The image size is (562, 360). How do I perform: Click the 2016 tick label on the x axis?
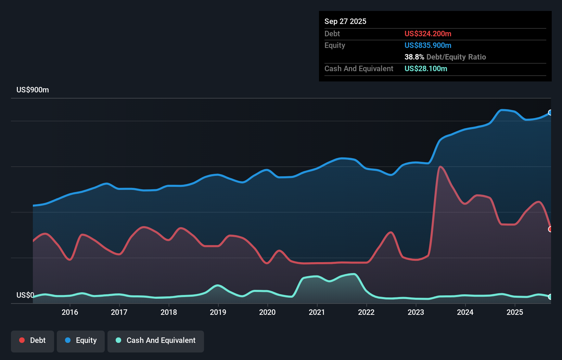pos(70,312)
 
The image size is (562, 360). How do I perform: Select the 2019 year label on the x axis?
pos(218,312)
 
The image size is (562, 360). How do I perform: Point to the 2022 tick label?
pos(366,312)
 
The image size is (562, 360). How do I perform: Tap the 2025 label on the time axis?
pos(515,312)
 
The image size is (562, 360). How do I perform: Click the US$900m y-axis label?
pos(33,90)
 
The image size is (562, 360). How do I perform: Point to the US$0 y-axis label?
pos(25,295)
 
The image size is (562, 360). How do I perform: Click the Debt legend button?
pos(33,340)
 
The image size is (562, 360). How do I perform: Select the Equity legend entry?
pos(81,340)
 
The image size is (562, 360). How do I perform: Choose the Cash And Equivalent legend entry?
pos(156,340)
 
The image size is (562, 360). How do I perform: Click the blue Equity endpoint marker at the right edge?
pos(550,113)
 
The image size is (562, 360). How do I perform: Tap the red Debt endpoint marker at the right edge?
pos(550,229)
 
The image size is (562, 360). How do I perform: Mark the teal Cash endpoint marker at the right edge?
pos(550,297)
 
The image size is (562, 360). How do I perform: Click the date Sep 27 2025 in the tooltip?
pos(345,21)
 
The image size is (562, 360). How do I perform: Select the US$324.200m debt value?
pos(428,34)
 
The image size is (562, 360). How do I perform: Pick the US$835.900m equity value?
pos(428,45)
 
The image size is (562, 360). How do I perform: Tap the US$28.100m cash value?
pos(426,68)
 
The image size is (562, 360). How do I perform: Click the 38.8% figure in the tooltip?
pos(414,57)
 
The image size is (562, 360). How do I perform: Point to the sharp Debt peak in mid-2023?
pos(440,167)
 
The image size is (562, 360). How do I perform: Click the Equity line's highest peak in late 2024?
pos(502,110)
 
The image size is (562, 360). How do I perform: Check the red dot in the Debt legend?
pos(22,340)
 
